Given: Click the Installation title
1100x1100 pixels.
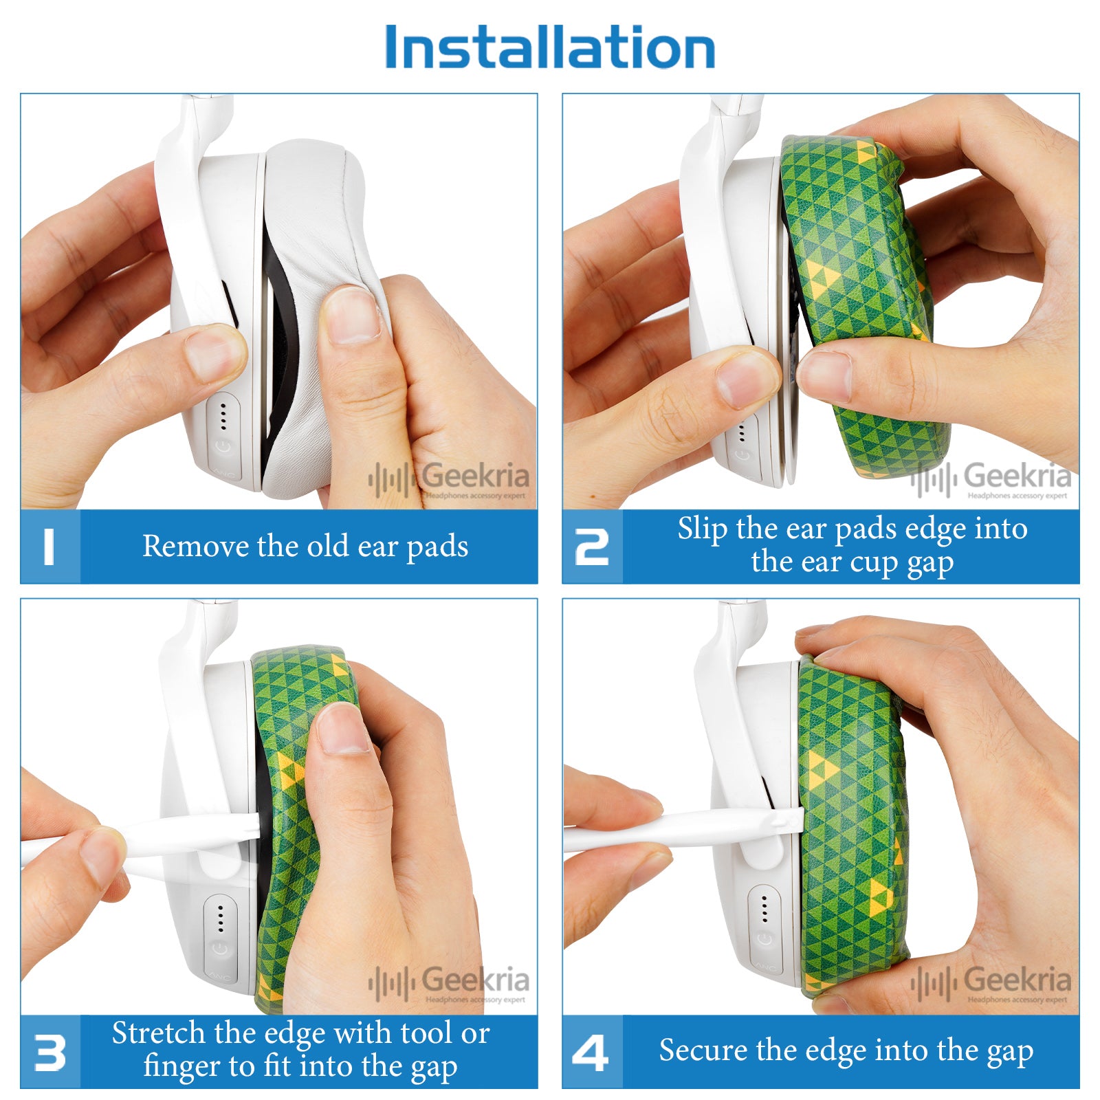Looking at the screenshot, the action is (550, 47).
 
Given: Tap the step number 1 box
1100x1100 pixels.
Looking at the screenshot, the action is (49, 547).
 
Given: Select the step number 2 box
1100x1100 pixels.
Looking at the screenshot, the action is (592, 547).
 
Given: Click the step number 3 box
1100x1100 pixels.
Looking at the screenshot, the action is (49, 1052).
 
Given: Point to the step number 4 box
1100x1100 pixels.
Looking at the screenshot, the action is (592, 1052).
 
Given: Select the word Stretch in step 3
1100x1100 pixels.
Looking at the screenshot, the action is (159, 1033).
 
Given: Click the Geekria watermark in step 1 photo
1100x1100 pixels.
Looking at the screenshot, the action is (449, 479).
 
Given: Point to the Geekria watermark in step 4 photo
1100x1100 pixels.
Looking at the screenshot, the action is (991, 983).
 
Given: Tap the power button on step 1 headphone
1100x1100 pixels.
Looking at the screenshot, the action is (223, 446).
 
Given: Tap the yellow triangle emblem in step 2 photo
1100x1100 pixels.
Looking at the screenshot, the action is (824, 277).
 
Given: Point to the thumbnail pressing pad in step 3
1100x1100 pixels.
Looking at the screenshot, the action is (344, 729).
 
